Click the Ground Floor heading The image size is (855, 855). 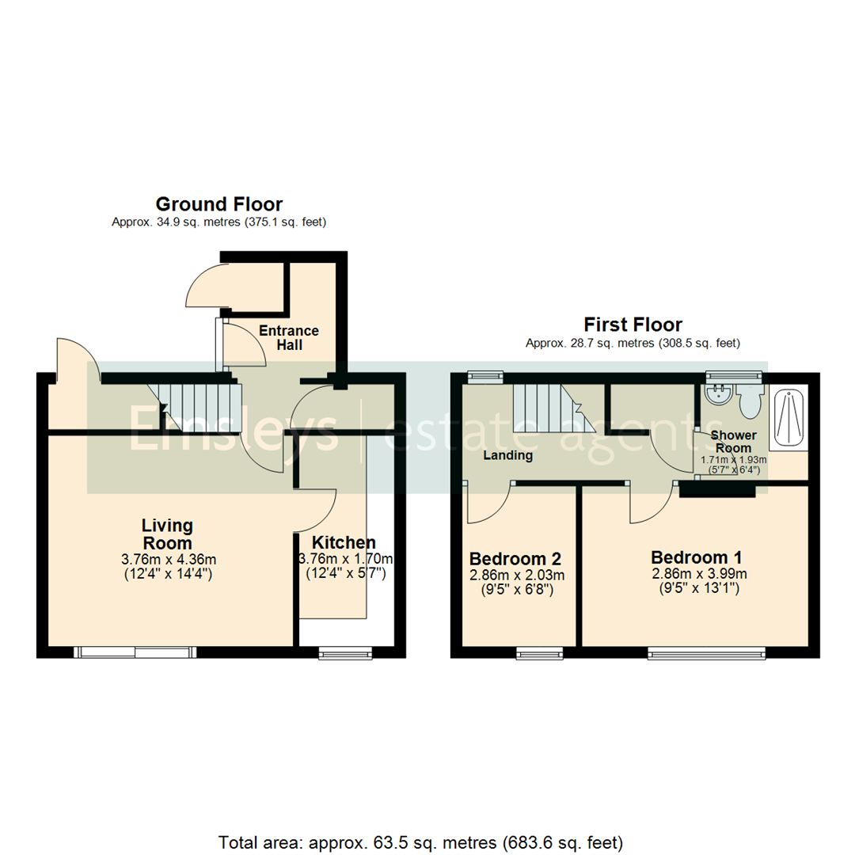click(x=219, y=204)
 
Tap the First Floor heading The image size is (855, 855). click(x=633, y=325)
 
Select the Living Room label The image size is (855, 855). click(x=167, y=534)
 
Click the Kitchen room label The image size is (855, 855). click(x=344, y=543)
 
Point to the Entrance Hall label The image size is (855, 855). click(x=288, y=338)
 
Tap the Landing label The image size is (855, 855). click(x=508, y=455)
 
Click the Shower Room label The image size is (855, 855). click(x=732, y=442)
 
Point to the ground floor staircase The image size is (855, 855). click(x=198, y=405)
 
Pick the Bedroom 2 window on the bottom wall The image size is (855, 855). click(x=540, y=652)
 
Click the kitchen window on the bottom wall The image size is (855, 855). click(x=344, y=652)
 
